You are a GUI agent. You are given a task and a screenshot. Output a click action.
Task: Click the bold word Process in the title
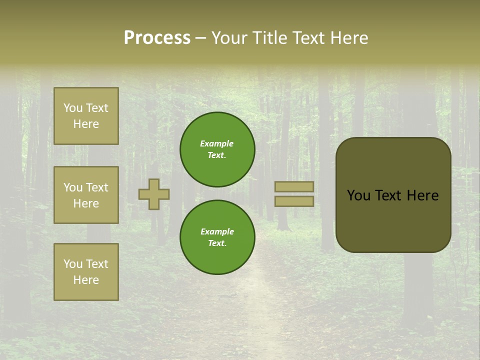(x=157, y=38)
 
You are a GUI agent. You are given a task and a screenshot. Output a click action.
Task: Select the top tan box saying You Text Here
(x=86, y=116)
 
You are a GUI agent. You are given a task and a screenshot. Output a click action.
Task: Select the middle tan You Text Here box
(x=86, y=195)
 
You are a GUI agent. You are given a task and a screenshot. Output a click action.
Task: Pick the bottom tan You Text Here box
(x=86, y=271)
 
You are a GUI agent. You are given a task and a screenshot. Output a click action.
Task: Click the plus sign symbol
(x=154, y=194)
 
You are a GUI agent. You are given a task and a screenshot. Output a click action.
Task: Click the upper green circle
(x=217, y=149)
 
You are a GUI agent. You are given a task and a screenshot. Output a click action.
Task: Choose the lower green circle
(x=217, y=237)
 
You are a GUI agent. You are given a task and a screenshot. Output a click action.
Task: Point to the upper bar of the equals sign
(x=294, y=186)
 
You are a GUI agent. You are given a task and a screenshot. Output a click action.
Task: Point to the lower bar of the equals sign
(x=294, y=201)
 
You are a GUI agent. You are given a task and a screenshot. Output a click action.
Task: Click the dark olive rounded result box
(x=393, y=220)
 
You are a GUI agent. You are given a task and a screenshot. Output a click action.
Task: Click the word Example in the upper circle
(x=217, y=143)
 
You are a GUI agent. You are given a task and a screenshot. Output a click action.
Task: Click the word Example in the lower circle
(x=217, y=231)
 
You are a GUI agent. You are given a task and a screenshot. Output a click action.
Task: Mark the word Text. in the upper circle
(x=217, y=155)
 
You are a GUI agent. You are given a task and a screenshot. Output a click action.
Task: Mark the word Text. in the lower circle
(x=217, y=243)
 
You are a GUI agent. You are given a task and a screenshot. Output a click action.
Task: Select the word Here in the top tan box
(x=86, y=124)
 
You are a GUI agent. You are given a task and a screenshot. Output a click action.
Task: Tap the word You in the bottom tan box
(x=73, y=263)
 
